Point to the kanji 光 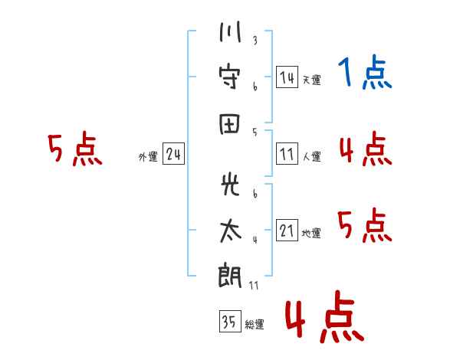point(229,187)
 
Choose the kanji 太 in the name point(229,231)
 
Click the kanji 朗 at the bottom point(229,276)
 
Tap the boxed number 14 point(287,77)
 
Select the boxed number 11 point(287,155)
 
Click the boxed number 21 point(287,231)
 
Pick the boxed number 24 point(173,155)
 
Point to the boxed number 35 point(229,322)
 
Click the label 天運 point(311,80)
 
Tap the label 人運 point(311,157)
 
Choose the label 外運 point(148,157)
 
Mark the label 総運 point(255,325)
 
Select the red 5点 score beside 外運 point(74,149)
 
